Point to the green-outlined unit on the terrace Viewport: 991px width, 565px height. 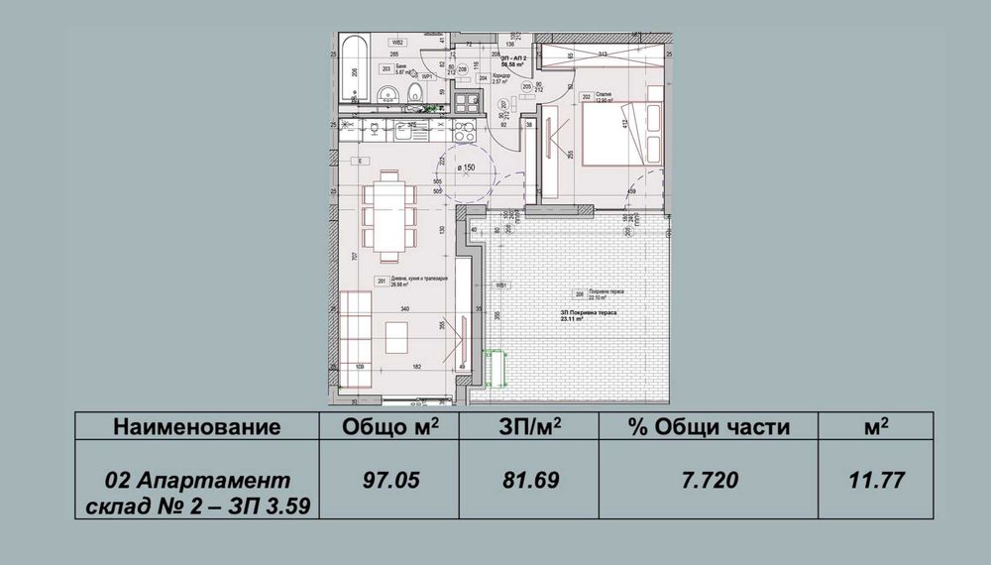pos(495,369)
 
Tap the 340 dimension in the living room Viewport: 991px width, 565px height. pos(403,309)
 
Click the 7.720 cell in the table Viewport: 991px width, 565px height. pos(708,481)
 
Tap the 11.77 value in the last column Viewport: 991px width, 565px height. pos(876,481)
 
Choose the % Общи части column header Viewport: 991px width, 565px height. pos(708,427)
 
